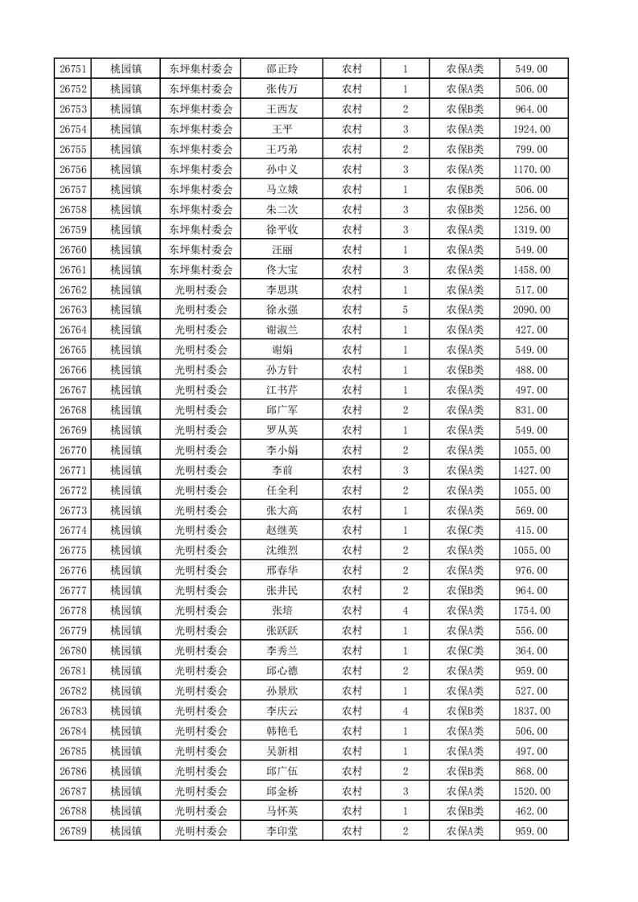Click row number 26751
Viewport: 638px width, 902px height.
coord(73,69)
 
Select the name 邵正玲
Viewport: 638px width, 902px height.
coord(282,69)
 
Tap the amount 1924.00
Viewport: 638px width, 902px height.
coord(532,129)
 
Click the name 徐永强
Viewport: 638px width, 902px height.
coord(282,310)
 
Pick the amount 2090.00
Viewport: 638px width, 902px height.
coord(532,310)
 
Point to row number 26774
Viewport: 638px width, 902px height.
coord(73,531)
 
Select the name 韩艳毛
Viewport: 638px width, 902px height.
coord(282,731)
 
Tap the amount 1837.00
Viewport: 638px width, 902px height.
coord(532,711)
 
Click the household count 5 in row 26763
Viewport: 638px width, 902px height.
coord(405,310)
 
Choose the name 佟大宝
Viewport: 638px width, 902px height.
coord(282,270)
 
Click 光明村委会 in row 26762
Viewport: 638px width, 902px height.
coord(201,290)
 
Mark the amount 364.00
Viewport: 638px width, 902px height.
coord(532,650)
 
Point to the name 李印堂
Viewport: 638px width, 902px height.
coord(282,831)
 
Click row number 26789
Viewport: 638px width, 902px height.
coord(73,831)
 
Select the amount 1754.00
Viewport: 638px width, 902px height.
coord(532,610)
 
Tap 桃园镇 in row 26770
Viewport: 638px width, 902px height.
coord(126,450)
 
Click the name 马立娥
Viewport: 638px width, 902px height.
coord(282,190)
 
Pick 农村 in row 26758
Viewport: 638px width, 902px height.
coord(352,210)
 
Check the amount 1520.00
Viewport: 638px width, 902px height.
coord(532,791)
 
